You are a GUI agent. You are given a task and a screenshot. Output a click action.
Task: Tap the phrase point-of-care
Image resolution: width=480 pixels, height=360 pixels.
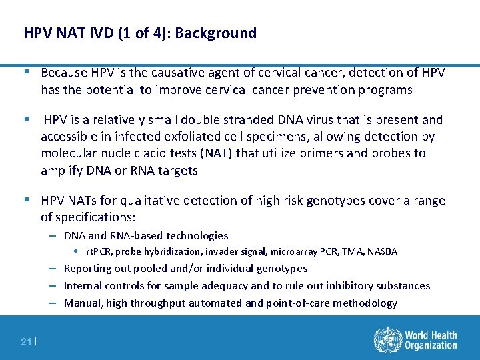point(306,303)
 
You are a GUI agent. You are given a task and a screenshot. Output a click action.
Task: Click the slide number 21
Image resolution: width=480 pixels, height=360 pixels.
point(26,342)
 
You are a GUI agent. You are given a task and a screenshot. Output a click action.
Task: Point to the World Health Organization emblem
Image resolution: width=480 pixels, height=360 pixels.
point(386,339)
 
